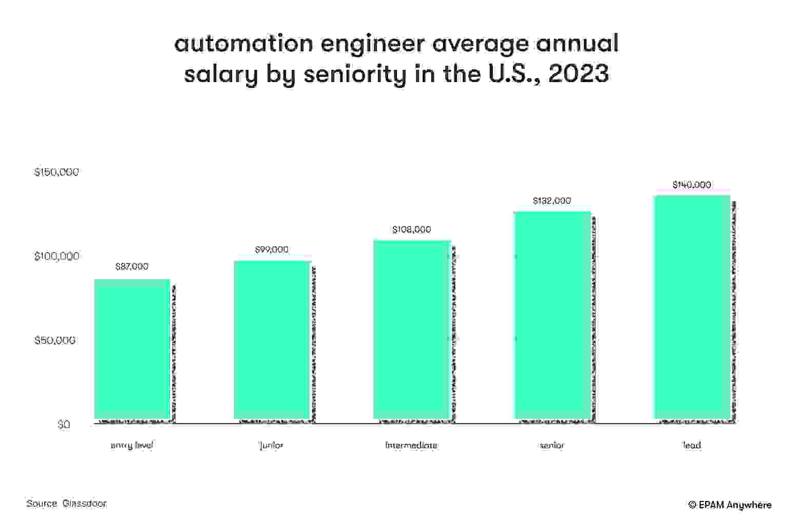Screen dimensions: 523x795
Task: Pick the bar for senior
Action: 552,315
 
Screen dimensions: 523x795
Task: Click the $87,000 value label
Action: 132,266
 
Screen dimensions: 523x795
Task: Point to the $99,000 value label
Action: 272,249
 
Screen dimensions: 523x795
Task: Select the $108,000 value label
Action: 411,229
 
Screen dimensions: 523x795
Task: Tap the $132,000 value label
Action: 552,201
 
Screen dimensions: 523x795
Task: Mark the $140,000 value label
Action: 691,185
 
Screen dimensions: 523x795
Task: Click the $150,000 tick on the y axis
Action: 56,172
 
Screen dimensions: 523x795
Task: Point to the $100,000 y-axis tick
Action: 56,256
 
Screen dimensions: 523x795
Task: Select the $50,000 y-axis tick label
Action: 55,340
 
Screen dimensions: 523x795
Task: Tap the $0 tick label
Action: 64,424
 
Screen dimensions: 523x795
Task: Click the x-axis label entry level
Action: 132,445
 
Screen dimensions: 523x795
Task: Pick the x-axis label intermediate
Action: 411,445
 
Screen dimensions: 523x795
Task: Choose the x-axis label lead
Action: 692,445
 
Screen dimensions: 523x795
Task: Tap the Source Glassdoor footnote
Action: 67,503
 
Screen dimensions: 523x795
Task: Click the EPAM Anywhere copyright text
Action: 730,505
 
